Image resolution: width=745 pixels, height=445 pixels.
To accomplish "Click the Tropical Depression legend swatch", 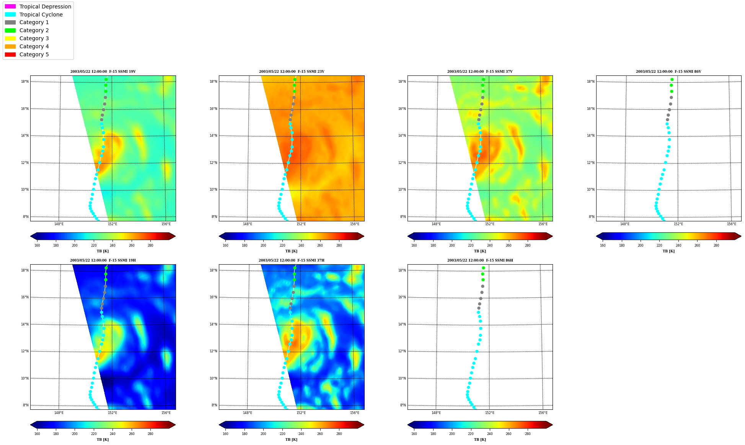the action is click(10, 7).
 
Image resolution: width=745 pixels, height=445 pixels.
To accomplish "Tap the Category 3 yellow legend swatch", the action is click(10, 38).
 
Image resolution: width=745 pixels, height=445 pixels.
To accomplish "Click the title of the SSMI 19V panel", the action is click(103, 72).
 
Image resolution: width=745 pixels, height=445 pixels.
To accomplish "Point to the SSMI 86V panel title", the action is click(668, 72).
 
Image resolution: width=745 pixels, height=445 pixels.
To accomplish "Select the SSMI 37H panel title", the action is click(292, 260).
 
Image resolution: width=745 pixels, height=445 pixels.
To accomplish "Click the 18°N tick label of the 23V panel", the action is click(213, 82).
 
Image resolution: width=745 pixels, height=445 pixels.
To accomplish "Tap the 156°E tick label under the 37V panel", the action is click(543, 224).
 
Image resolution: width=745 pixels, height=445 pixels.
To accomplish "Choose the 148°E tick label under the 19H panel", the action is click(59, 413).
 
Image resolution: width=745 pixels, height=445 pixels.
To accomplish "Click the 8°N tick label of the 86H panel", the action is click(403, 405).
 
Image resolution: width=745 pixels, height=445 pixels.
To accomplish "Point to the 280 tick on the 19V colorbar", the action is click(150, 245).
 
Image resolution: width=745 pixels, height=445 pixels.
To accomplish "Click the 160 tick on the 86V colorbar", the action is click(603, 245).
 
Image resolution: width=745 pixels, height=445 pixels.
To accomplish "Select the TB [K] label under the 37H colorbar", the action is click(291, 440).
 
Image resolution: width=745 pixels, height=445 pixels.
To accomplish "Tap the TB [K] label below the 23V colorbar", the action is click(291, 251).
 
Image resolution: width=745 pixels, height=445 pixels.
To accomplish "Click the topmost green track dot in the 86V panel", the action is click(672, 80).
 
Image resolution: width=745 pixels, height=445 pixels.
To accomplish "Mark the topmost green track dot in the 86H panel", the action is click(483, 268).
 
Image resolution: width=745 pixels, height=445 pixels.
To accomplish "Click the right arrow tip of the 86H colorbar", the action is click(553, 425).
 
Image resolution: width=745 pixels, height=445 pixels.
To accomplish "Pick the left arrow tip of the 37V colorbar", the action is click(408, 236).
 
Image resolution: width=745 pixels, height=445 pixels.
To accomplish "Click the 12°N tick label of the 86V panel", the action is click(591, 163).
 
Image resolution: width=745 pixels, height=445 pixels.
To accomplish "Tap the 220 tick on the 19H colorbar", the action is click(94, 434).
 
